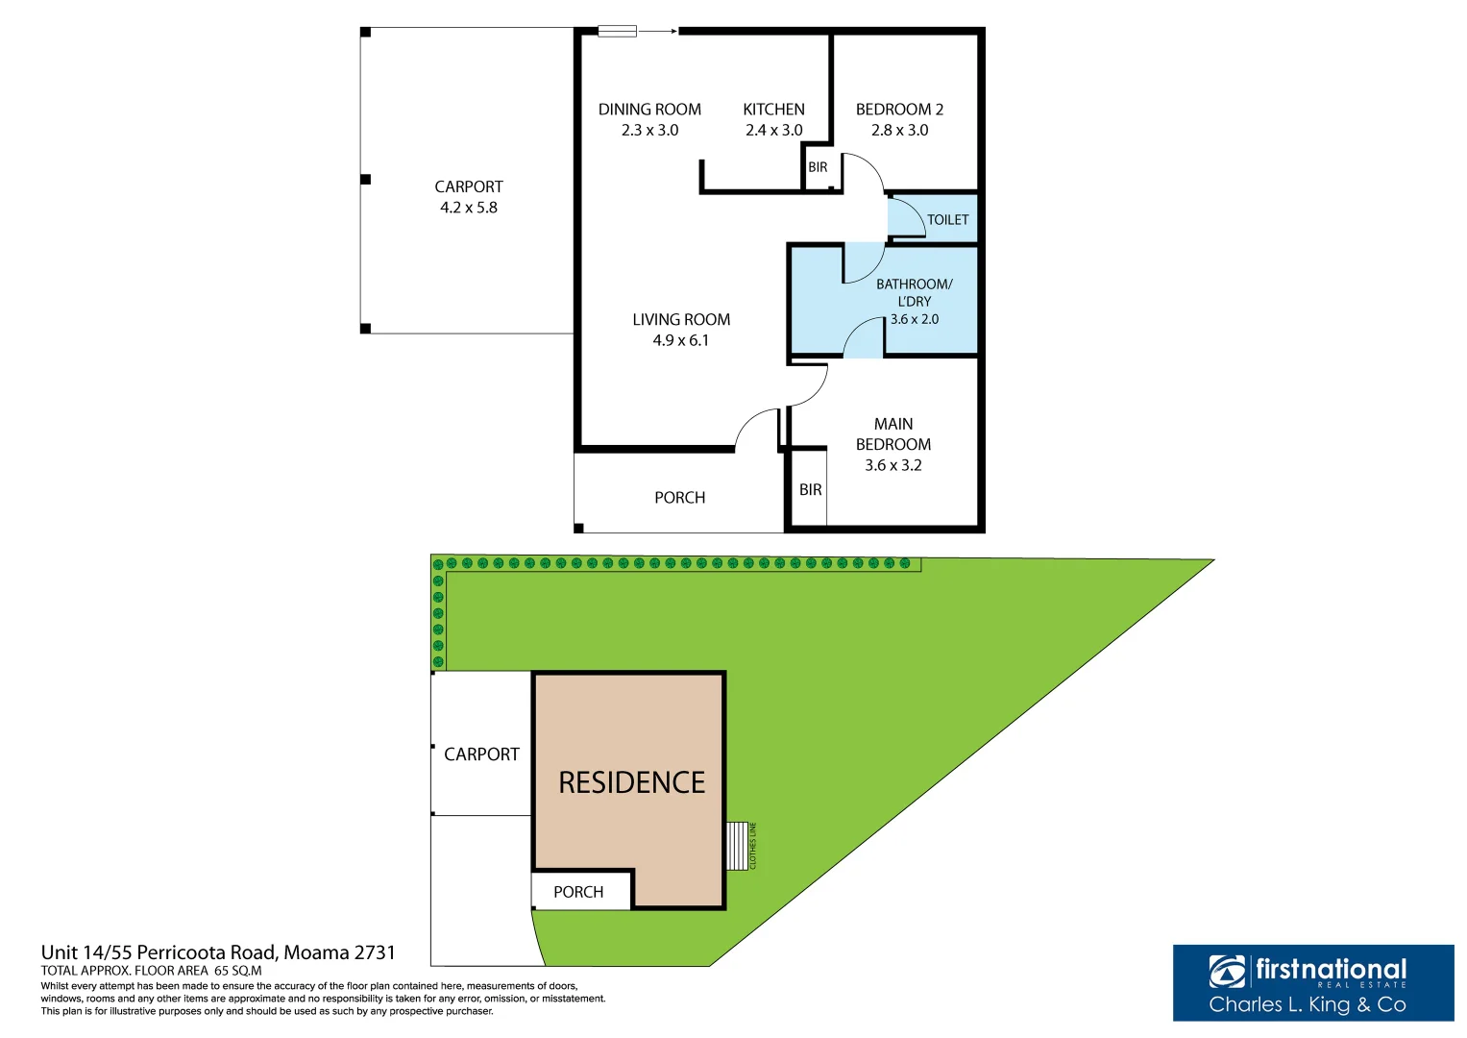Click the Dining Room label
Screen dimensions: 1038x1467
click(x=649, y=110)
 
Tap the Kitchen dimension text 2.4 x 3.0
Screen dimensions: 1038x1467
click(x=773, y=131)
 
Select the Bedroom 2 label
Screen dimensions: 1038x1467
click(x=899, y=110)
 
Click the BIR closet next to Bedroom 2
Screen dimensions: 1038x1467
click(x=818, y=167)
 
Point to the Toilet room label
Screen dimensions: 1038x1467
click(x=947, y=220)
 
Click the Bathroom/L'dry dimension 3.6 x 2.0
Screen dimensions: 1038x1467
click(x=914, y=319)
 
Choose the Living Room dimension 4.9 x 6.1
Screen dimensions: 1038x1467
click(x=680, y=340)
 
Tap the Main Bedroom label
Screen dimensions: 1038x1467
click(x=892, y=433)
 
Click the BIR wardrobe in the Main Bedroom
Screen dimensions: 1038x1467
click(x=810, y=490)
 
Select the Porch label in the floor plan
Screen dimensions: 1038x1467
click(x=679, y=498)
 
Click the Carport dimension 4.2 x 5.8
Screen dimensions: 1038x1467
click(x=468, y=208)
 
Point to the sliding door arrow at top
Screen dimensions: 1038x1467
click(x=658, y=32)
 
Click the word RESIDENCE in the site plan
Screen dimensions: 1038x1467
click(x=631, y=782)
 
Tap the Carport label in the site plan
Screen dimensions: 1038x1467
click(x=481, y=754)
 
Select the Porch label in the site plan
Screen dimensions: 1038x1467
click(x=578, y=892)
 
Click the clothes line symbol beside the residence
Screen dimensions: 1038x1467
click(x=738, y=846)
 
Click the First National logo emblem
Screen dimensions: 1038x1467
click(x=1227, y=972)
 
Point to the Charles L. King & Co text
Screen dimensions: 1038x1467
click(x=1307, y=1005)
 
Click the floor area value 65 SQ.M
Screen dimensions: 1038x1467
click(x=237, y=971)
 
